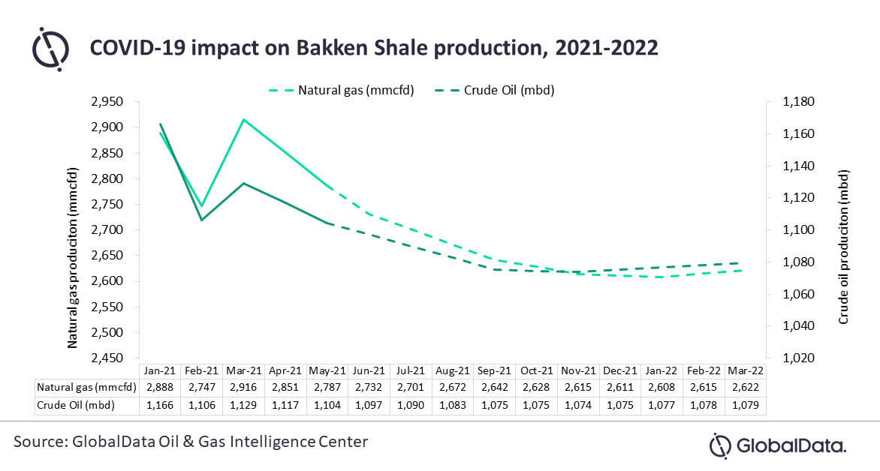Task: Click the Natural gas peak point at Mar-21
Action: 244,119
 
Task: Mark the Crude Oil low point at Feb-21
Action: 202,220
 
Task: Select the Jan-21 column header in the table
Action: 160,370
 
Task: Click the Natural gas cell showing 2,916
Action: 244,387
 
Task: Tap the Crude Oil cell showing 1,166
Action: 160,404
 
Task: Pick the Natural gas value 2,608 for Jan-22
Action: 660,387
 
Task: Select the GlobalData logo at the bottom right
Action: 778,446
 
